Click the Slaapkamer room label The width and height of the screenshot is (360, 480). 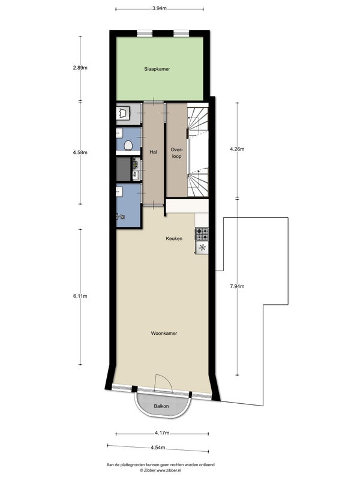point(157,69)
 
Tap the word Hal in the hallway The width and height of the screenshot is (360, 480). point(154,152)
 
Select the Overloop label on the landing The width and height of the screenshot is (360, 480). point(176,153)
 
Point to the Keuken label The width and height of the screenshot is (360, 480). point(174,238)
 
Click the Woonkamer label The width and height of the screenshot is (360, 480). point(164,334)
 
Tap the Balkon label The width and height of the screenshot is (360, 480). point(161,406)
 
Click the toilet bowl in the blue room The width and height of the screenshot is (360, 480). point(128,145)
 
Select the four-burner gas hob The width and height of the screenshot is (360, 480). point(202,234)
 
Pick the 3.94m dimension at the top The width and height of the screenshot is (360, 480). point(160,8)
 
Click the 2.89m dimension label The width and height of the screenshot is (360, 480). point(80,68)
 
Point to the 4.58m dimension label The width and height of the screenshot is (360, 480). point(80,152)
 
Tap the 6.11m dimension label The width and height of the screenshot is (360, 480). point(80,296)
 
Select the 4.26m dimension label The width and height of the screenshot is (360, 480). point(237,149)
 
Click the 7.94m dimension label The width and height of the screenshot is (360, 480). point(237,287)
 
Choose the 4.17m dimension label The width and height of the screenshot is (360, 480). point(162,433)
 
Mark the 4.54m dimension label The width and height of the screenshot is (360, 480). point(158,448)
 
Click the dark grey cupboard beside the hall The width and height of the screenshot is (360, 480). point(124,169)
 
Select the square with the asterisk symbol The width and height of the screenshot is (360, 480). point(202,248)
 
